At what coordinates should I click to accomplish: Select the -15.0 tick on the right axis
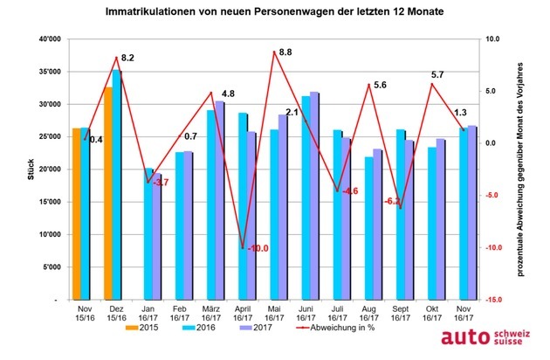tap(493, 300)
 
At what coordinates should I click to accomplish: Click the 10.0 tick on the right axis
tap(493, 39)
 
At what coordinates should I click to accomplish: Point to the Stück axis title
tap(19, 169)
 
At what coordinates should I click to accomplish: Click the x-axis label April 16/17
tap(243, 313)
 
